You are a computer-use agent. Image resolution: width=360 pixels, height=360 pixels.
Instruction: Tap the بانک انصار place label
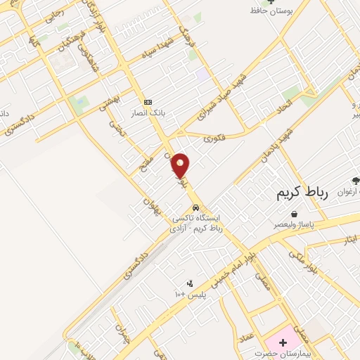(x=147, y=112)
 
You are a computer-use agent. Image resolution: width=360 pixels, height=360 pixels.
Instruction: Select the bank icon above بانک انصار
(x=147, y=102)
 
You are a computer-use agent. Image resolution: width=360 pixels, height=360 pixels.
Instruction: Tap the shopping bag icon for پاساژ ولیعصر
(x=293, y=214)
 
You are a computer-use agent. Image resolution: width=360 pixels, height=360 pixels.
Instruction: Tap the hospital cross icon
(x=283, y=343)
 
